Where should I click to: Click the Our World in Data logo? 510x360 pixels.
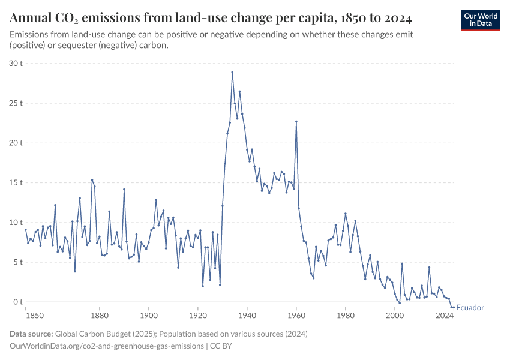pos(480,20)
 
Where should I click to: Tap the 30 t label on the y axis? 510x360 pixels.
pos(16,63)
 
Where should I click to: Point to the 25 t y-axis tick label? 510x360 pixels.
pos(16,103)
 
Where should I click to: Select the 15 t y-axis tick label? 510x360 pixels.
pos(16,182)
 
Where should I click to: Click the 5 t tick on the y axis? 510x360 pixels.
pos(18,262)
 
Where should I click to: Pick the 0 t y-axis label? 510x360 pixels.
pos(18,302)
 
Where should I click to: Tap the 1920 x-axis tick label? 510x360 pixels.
pos(198,315)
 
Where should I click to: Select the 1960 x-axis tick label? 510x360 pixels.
pos(296,315)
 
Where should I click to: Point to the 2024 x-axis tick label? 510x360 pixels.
pos(445,315)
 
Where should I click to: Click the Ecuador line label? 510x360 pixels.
pos(470,308)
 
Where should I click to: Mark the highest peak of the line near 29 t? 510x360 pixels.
pos(232,72)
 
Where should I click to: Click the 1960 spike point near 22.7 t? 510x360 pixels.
pos(296,121)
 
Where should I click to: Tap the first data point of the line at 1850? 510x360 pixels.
pos(26,229)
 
